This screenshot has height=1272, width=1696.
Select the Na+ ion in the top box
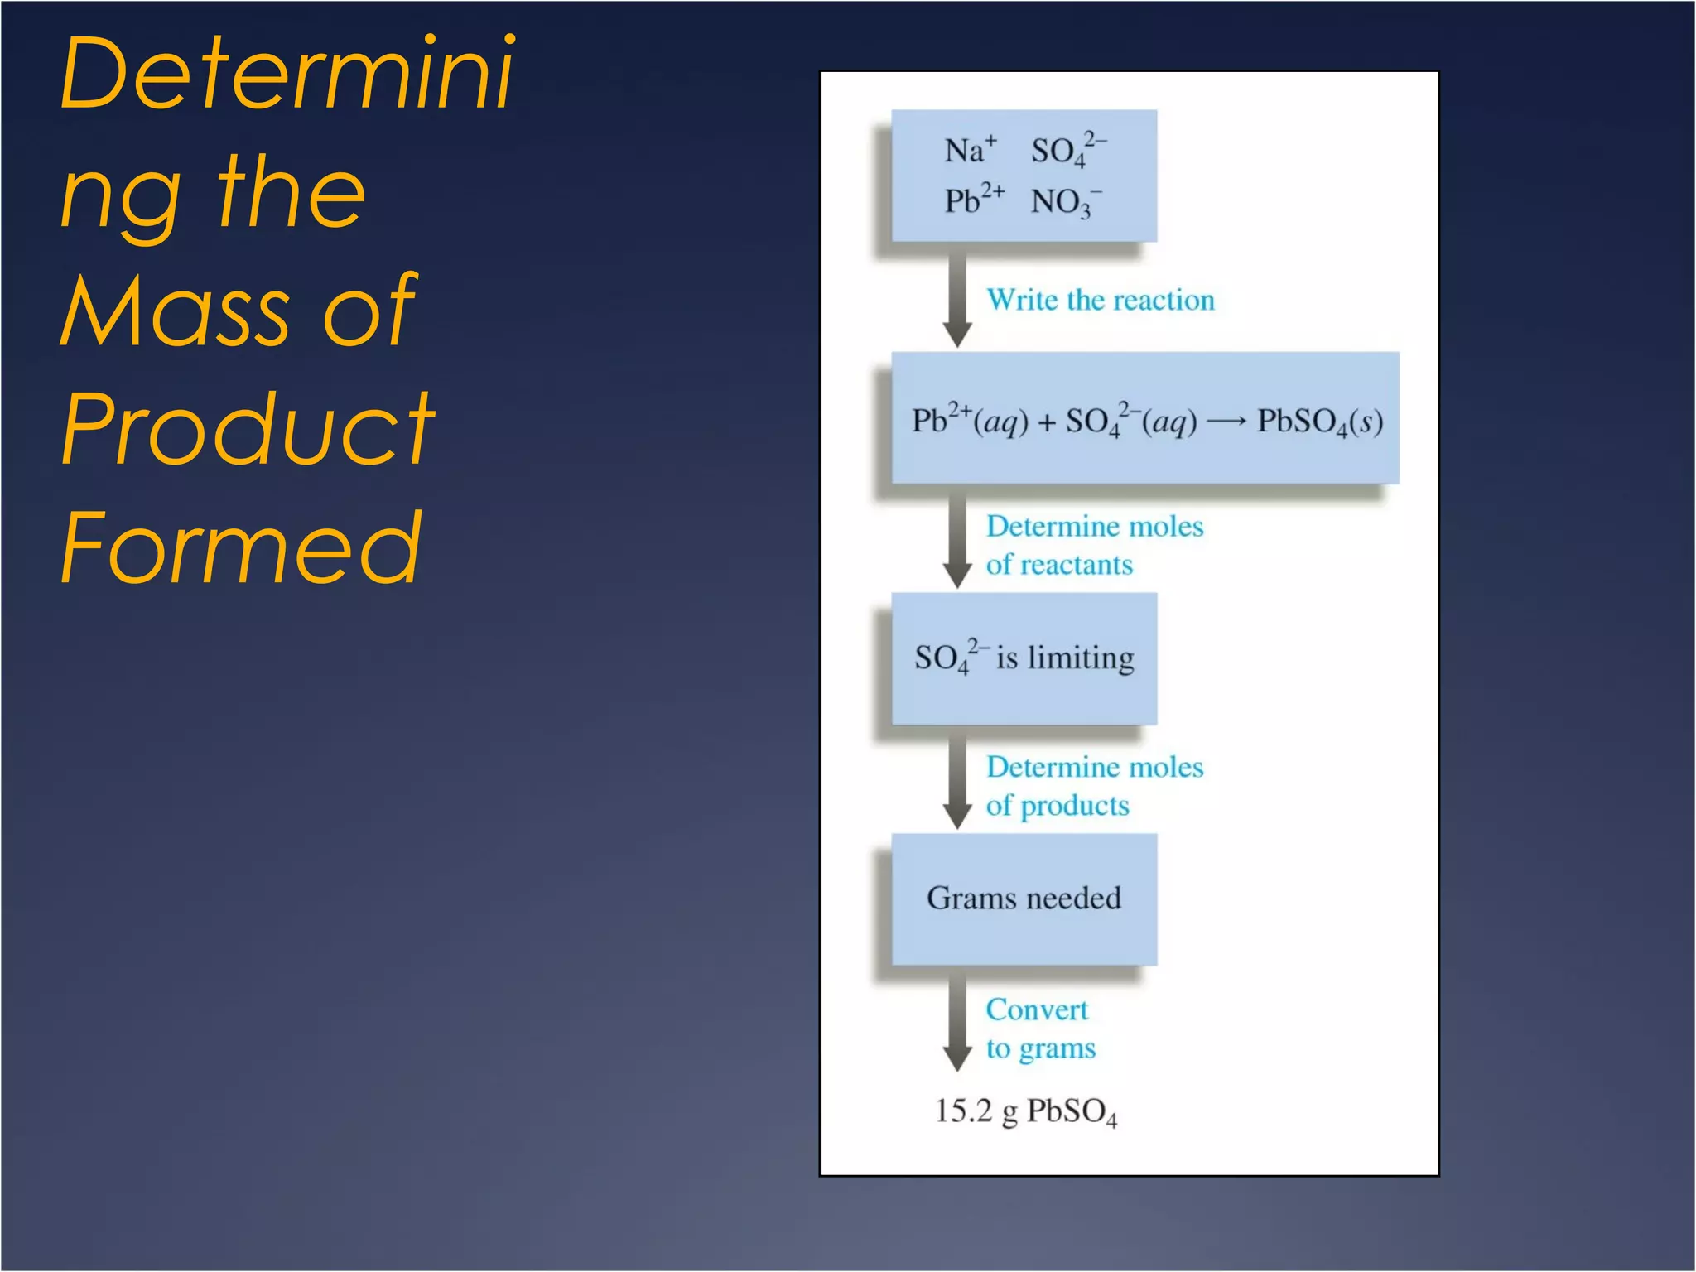pyautogui.click(x=970, y=151)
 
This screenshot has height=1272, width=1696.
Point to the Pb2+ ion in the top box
pyautogui.click(x=974, y=200)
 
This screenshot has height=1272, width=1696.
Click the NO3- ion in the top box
pyautogui.click(x=1065, y=202)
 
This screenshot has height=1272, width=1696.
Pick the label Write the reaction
pyautogui.click(x=1100, y=300)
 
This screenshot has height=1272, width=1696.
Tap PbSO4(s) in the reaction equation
pyautogui.click(x=1319, y=422)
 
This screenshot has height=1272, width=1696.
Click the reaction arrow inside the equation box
pyautogui.click(x=1226, y=422)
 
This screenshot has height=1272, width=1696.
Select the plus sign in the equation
pyautogui.click(x=1047, y=422)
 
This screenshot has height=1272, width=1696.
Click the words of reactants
pyautogui.click(x=1058, y=565)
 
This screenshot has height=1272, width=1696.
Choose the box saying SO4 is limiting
pyautogui.click(x=1024, y=658)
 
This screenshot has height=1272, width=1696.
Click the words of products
pyautogui.click(x=1057, y=806)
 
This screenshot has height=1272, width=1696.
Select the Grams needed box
pyautogui.click(x=1024, y=899)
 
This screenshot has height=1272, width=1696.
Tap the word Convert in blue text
pyautogui.click(x=1036, y=1009)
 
